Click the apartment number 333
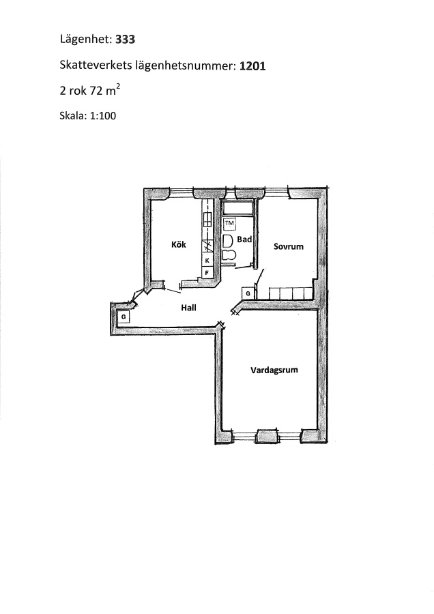[x=125, y=39]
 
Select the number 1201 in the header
[x=252, y=65]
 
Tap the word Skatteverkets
[x=96, y=65]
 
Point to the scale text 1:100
[x=103, y=116]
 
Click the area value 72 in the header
[x=96, y=91]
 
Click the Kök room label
[x=179, y=244]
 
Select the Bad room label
[x=244, y=239]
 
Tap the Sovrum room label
[x=289, y=246]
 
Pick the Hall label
[x=188, y=308]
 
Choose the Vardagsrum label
[x=274, y=370]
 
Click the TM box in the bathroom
[x=229, y=223]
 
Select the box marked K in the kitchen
[x=207, y=260]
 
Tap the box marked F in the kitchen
[x=207, y=272]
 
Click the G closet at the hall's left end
[x=124, y=317]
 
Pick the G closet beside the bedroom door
[x=248, y=293]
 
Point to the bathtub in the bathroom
[x=237, y=209]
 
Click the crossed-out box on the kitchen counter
[x=207, y=246]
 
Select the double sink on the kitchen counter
[x=207, y=219]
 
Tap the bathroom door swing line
[x=243, y=267]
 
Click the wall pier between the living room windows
[x=268, y=436]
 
